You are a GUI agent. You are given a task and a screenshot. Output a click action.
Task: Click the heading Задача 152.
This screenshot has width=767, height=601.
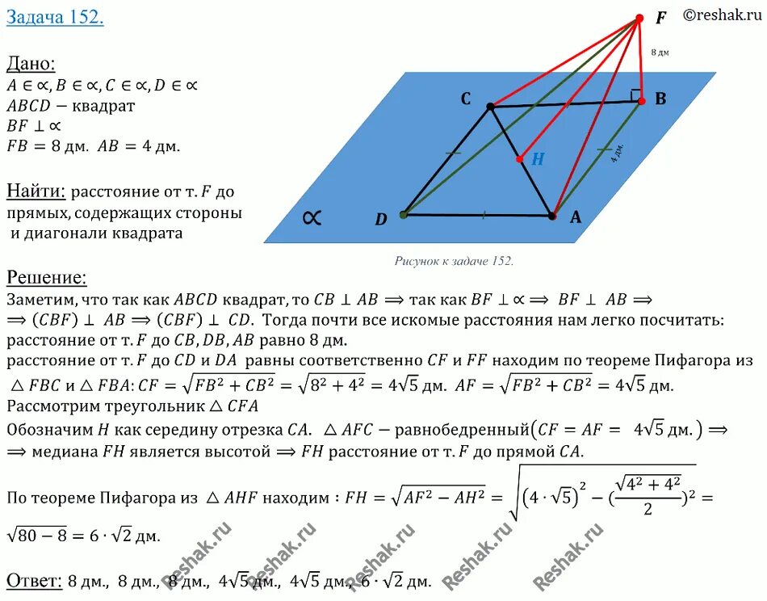(x=55, y=18)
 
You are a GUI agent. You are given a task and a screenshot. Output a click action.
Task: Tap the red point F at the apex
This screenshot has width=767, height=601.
(x=639, y=18)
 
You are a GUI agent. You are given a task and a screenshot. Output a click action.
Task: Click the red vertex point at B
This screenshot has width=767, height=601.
(x=642, y=101)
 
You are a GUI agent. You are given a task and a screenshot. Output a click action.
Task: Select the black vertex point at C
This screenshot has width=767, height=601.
(x=490, y=107)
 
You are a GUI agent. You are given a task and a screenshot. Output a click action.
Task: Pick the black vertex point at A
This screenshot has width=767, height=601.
(x=552, y=216)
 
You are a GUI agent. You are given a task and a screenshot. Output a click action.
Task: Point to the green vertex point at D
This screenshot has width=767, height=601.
(x=403, y=215)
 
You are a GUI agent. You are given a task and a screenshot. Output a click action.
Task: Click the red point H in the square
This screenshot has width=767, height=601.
(x=520, y=159)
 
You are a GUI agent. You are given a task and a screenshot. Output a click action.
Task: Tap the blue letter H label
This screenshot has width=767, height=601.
(x=537, y=159)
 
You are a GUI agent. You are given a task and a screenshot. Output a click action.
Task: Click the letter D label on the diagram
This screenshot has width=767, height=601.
(x=381, y=220)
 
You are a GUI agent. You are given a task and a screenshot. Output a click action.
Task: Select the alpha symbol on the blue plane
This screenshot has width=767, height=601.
(x=312, y=217)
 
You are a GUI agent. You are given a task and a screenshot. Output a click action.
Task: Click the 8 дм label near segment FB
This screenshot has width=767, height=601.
(x=660, y=53)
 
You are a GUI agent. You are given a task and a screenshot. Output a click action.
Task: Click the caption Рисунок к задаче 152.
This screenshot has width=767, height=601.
(x=454, y=261)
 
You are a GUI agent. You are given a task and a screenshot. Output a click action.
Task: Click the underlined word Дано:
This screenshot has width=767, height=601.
(x=31, y=65)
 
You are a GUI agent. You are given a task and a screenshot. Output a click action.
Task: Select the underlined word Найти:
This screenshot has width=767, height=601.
(x=36, y=191)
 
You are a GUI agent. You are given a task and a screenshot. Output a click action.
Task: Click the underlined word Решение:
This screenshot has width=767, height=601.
(x=47, y=278)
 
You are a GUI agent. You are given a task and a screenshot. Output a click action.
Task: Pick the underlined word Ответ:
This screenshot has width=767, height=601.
(x=33, y=580)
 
